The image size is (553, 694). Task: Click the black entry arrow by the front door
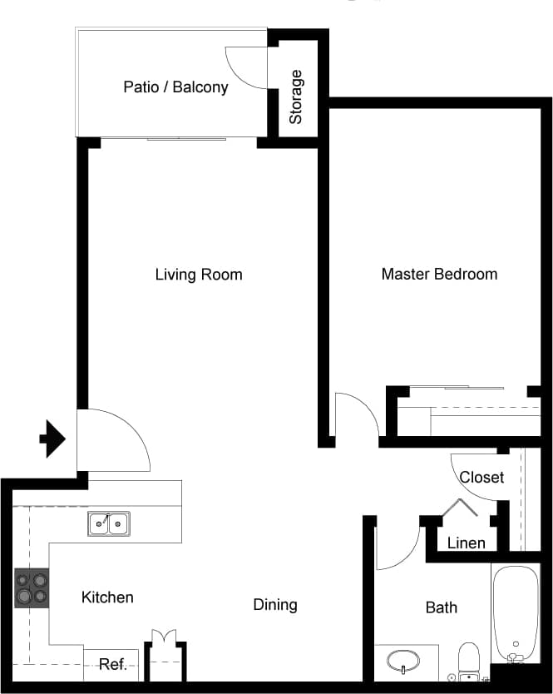coord(53,439)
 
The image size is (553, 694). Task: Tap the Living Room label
coord(199,275)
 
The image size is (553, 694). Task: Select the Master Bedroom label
coord(439,274)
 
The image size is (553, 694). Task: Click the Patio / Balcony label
coord(175,87)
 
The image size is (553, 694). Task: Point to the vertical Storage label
coord(296,97)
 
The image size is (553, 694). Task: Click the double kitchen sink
coord(109,523)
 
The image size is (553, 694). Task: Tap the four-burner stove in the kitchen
coord(32,587)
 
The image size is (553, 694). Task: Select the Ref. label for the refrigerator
coord(112,664)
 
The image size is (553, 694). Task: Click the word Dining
coord(275,605)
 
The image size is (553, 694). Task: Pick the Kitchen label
coord(107,597)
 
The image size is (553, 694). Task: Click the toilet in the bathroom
coord(469,661)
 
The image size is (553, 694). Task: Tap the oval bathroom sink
coord(403,662)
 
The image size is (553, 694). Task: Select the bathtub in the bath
coord(516,612)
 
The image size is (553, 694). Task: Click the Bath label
coord(441,607)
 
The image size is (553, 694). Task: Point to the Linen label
coord(466,543)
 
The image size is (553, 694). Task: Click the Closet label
coord(481,477)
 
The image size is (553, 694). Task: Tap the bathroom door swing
coord(396,545)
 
